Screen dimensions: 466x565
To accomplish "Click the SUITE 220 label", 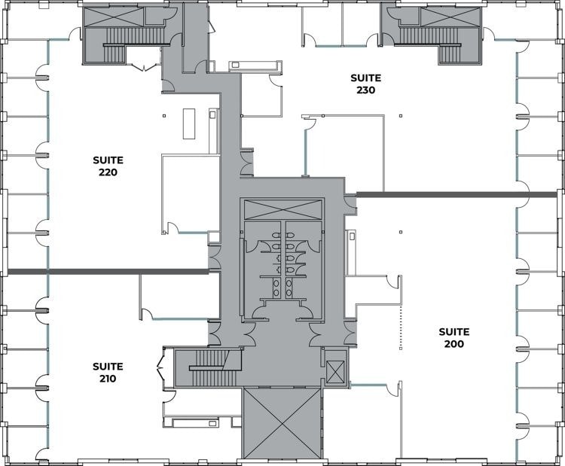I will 108,166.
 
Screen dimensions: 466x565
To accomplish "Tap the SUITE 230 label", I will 366,84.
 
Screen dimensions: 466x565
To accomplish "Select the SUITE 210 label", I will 108,373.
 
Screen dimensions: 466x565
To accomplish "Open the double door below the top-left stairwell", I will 142,66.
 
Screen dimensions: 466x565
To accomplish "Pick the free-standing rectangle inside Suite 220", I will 188,121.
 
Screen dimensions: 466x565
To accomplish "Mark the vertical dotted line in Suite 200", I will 401,328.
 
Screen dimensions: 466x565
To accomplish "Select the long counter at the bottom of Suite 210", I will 195,422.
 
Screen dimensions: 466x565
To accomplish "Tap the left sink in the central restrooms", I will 276,285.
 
